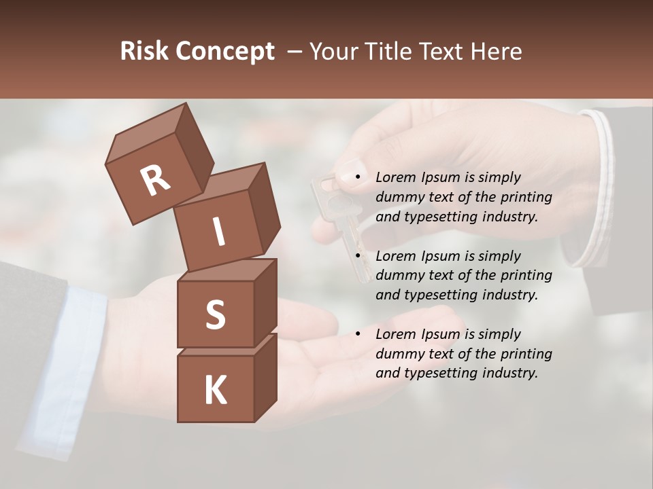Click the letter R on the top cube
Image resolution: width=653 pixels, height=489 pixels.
(155, 180)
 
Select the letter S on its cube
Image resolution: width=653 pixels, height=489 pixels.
(215, 315)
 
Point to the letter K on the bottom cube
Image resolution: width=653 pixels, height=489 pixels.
(215, 391)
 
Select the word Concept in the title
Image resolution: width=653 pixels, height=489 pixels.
(224, 52)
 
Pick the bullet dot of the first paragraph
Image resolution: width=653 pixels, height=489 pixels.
(357, 178)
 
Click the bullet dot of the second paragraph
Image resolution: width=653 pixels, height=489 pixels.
(357, 256)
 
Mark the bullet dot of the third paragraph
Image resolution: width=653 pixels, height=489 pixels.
(357, 334)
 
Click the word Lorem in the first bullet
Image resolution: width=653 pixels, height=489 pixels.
(395, 177)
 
